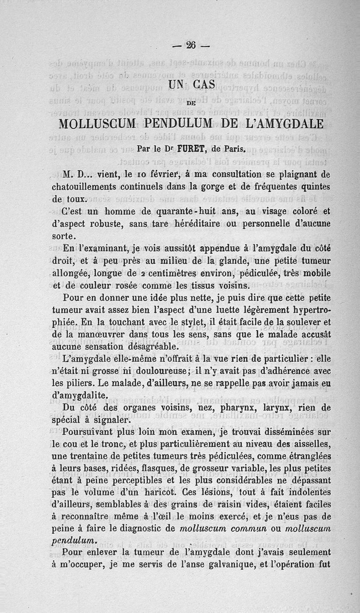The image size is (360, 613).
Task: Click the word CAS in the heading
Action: pyautogui.click(x=204, y=85)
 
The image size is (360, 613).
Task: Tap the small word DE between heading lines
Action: pyautogui.click(x=191, y=103)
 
